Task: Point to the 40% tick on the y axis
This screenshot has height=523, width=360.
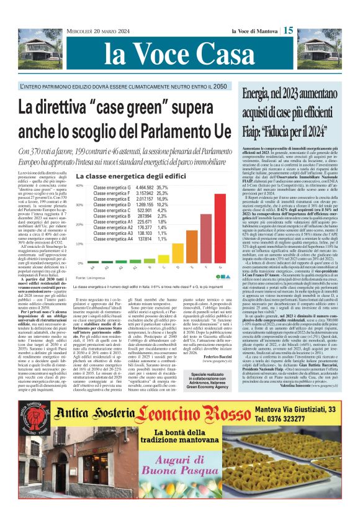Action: pos(79,186)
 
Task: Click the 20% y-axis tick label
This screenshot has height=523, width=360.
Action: pos(79,224)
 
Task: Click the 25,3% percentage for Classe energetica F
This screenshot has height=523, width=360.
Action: pos(162,193)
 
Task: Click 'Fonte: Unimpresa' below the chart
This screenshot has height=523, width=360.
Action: pos(89,276)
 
